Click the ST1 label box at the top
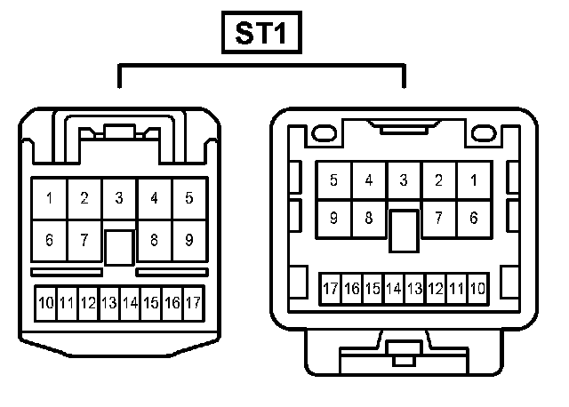263,35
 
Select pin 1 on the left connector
49,198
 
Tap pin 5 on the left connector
189,198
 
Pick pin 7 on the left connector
84,240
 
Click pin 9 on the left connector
189,240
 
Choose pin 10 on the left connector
45,303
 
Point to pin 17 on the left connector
194,303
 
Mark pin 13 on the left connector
109,303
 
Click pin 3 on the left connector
119,198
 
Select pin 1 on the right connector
474,180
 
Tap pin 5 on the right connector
333,180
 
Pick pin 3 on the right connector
404,180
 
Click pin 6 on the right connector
474,218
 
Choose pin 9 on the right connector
333,218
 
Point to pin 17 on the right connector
331,289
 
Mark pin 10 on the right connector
478,289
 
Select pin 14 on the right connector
394,289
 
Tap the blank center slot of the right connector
404,229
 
